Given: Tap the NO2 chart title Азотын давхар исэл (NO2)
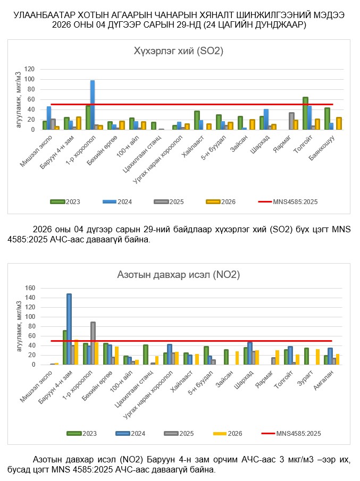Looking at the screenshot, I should pos(178,275).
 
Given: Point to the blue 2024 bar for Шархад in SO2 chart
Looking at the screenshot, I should pos(266,119).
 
